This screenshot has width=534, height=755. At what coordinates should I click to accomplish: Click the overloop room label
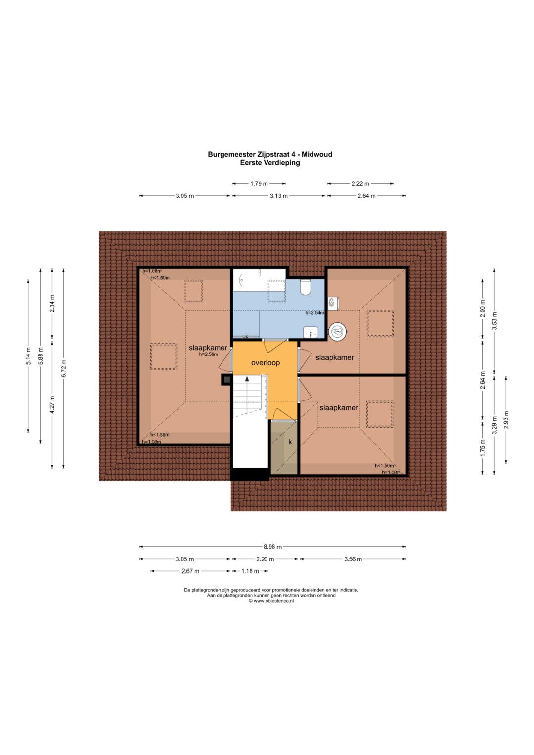[266, 363]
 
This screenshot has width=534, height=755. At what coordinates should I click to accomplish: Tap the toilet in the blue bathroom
[306, 287]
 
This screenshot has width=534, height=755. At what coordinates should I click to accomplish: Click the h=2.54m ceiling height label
[314, 313]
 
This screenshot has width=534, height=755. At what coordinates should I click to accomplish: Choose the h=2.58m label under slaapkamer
[208, 354]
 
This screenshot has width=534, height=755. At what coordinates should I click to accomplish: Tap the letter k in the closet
[290, 442]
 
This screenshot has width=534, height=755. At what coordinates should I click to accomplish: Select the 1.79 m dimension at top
[259, 184]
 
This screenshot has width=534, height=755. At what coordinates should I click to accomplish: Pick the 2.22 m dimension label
[360, 184]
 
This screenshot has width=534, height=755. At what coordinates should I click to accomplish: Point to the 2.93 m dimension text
[506, 420]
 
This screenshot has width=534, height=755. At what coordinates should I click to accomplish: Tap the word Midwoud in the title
[316, 154]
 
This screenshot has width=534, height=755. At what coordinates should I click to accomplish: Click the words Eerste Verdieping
[269, 163]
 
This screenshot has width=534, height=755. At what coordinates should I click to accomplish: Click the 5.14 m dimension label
[29, 356]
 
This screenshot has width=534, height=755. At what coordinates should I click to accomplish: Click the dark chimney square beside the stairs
[226, 380]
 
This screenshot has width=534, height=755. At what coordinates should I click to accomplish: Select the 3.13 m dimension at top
[278, 196]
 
